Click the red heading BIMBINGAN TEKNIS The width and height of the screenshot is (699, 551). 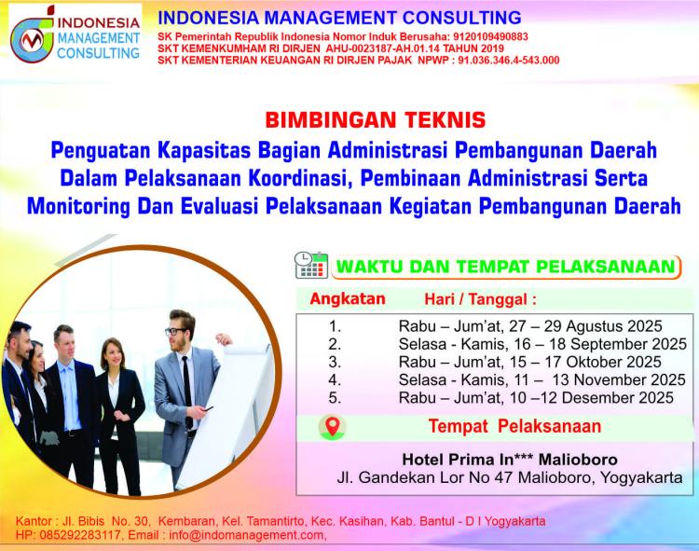[376, 120]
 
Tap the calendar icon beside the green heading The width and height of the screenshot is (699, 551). [311, 266]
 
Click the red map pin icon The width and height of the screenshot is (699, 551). [333, 427]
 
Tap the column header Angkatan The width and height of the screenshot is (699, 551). [348, 298]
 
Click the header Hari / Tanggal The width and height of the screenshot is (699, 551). [480, 299]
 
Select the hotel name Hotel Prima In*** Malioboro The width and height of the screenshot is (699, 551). [510, 459]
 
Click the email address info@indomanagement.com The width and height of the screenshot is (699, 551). [247, 535]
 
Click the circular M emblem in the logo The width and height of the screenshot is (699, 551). [32, 40]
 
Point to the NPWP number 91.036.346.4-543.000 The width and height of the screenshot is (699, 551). [509, 61]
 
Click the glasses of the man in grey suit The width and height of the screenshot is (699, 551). [176, 331]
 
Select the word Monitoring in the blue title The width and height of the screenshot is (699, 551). [78, 206]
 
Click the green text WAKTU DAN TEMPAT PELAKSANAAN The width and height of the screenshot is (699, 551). [505, 267]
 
